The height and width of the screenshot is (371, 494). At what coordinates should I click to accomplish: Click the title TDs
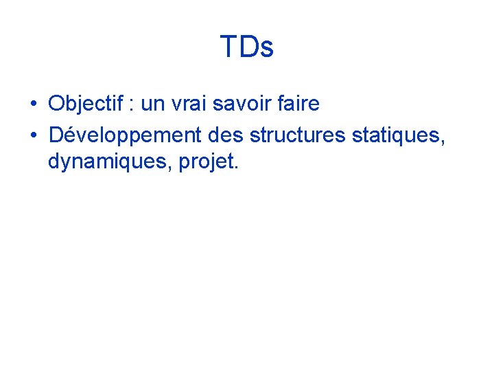point(247,47)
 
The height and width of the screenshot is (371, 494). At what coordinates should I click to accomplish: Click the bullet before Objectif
point(33,105)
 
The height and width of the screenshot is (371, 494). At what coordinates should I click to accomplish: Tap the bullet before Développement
point(33,135)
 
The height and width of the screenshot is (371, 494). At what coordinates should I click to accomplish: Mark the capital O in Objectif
point(56,104)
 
